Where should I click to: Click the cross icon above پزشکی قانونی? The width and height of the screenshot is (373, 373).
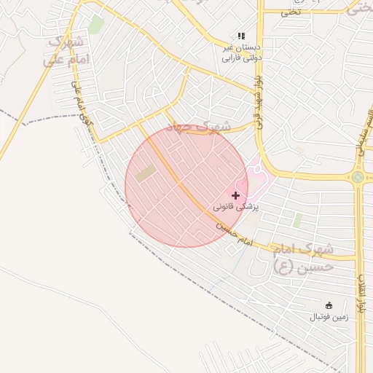(235, 195)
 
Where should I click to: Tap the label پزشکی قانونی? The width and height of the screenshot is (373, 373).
(236, 208)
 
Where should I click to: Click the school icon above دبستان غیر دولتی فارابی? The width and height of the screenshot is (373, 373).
(241, 36)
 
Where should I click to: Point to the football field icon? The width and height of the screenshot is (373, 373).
(329, 305)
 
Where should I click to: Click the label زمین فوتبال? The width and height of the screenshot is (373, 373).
(329, 317)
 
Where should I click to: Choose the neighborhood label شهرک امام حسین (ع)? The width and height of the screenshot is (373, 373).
(303, 259)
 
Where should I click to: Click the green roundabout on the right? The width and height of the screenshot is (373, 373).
(357, 177)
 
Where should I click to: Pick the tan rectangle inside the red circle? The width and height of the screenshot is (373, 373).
(146, 173)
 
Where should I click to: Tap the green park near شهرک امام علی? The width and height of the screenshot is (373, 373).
(95, 25)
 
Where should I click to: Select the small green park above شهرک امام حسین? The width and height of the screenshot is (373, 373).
(297, 219)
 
